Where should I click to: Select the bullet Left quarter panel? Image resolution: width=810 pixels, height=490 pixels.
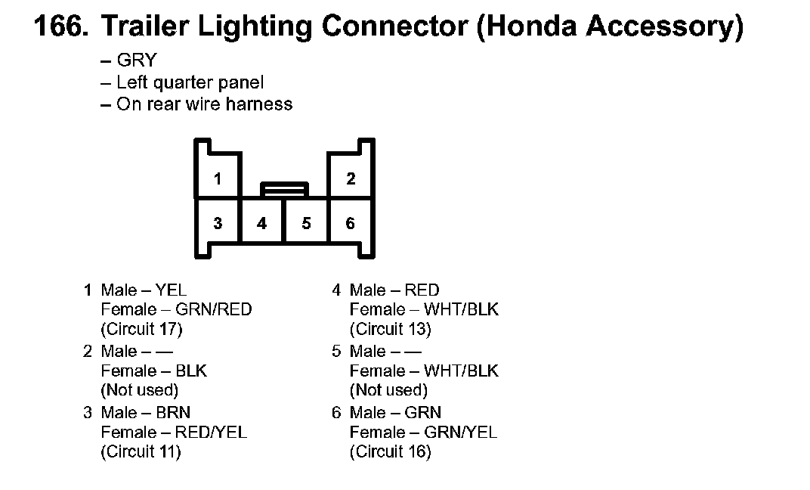tap(190, 82)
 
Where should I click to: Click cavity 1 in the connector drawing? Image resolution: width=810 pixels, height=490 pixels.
tap(218, 179)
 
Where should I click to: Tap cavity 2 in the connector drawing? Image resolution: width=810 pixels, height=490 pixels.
tap(351, 179)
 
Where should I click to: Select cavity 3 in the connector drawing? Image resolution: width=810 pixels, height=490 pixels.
tap(218, 223)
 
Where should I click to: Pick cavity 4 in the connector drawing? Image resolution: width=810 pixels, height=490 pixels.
tap(261, 223)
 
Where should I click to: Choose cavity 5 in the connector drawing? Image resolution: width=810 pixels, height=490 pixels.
tap(306, 223)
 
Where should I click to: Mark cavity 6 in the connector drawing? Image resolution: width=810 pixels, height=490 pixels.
tap(351, 223)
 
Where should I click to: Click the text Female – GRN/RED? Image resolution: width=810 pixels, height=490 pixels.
tap(176, 309)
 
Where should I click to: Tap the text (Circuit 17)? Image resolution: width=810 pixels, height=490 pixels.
tap(141, 329)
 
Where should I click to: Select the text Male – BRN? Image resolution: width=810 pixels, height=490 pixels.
tap(145, 413)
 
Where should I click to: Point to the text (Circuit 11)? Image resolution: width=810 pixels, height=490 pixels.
tap(141, 452)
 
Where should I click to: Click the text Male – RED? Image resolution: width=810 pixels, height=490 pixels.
tap(394, 290)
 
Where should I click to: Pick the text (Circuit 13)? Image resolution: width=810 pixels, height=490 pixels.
tap(390, 329)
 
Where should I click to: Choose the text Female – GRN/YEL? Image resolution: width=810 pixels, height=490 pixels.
tap(424, 433)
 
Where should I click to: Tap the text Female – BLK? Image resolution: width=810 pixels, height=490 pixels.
tap(153, 371)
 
